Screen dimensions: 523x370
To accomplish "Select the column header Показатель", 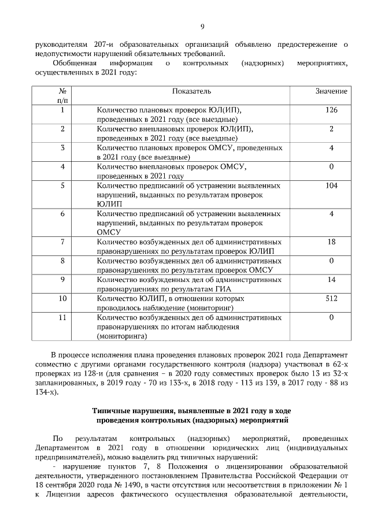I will coord(191,91).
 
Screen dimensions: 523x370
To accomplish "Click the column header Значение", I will coord(331,91).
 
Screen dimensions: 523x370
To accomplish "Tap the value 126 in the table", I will coord(331,110).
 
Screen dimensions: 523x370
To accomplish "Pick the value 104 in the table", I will coord(331,186).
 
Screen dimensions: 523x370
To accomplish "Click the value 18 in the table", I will coord(331,242).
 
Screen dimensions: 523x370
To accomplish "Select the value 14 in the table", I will coord(331,280).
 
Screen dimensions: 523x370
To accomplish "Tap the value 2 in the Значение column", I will coord(331,129).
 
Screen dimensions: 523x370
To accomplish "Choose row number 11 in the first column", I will coord(62,317).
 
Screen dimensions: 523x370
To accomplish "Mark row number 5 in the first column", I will coord(62,186).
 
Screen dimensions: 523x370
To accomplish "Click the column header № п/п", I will coord(62,96).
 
